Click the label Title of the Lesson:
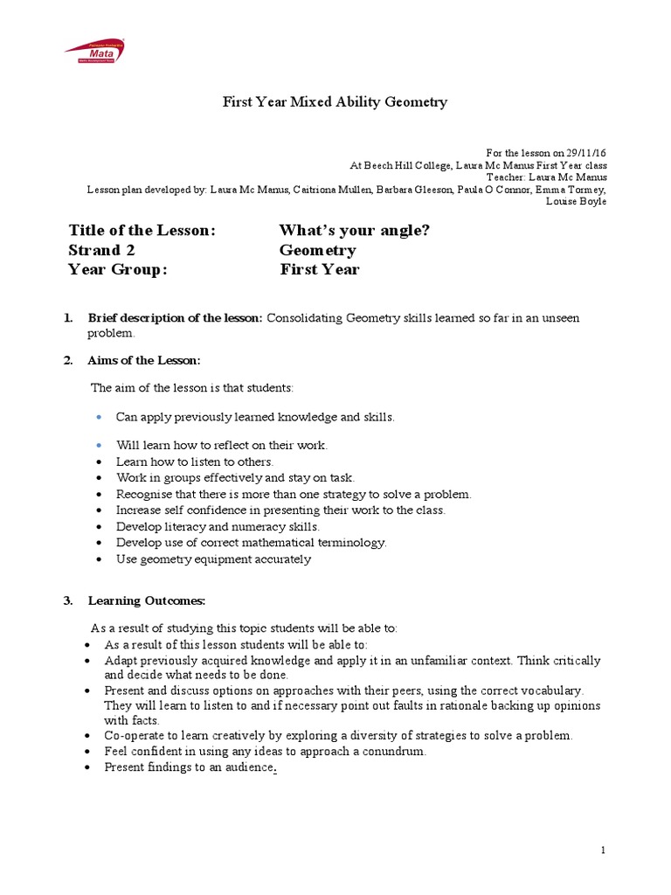pyautogui.click(x=142, y=231)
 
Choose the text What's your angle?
pyautogui.click(x=354, y=231)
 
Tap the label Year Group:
pyautogui.click(x=117, y=270)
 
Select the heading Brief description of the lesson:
pyautogui.click(x=175, y=318)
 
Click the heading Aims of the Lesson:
pyautogui.click(x=144, y=360)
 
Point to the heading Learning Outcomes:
pyautogui.click(x=147, y=600)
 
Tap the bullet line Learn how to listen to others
pyautogui.click(x=195, y=461)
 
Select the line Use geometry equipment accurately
pyautogui.click(x=213, y=559)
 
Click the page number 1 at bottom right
pyautogui.click(x=603, y=850)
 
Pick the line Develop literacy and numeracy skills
pyautogui.click(x=218, y=526)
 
